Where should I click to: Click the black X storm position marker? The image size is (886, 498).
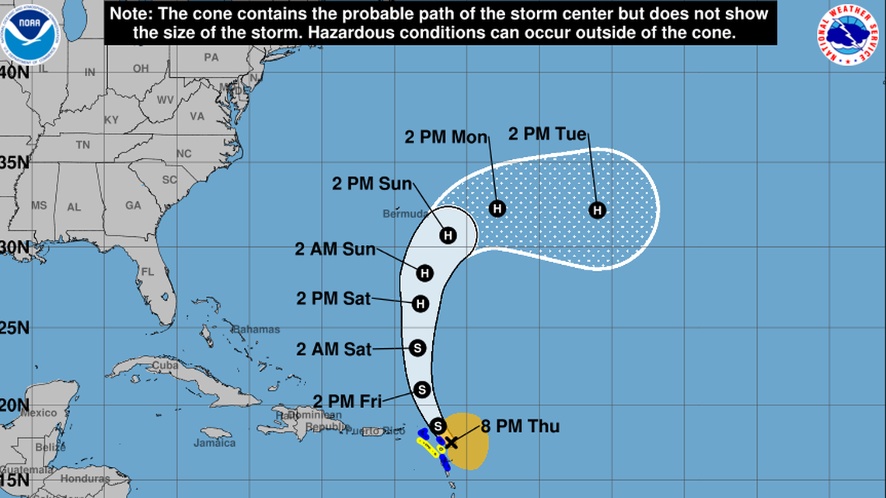pyautogui.click(x=450, y=442)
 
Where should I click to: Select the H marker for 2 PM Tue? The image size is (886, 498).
pyautogui.click(x=597, y=210)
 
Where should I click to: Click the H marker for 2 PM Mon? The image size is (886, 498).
pyautogui.click(x=497, y=208)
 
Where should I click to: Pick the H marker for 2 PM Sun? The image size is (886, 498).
pyautogui.click(x=448, y=235)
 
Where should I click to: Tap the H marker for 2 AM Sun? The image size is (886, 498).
pyautogui.click(x=424, y=273)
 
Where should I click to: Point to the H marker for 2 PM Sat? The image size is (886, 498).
pyautogui.click(x=420, y=304)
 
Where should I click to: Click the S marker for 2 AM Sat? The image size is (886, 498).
pyautogui.click(x=417, y=348)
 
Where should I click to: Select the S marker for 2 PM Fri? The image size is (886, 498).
pyautogui.click(x=422, y=389)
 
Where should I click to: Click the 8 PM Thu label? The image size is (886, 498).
pyautogui.click(x=521, y=427)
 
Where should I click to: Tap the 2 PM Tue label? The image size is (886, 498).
pyautogui.click(x=547, y=134)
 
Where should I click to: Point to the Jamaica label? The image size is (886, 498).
pyautogui.click(x=215, y=443)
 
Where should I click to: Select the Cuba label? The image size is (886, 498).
pyautogui.click(x=165, y=366)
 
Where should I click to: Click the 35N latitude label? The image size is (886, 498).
pyautogui.click(x=15, y=162)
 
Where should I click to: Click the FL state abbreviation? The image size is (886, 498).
pyautogui.click(x=147, y=273)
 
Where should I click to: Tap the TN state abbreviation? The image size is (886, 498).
pyautogui.click(x=83, y=145)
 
